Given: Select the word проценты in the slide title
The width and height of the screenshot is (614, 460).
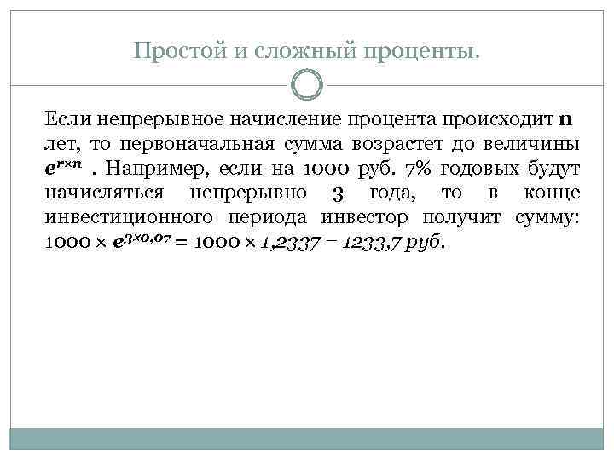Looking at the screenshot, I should (x=410, y=53).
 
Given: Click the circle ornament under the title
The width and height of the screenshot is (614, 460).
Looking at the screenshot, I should (x=307, y=85).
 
